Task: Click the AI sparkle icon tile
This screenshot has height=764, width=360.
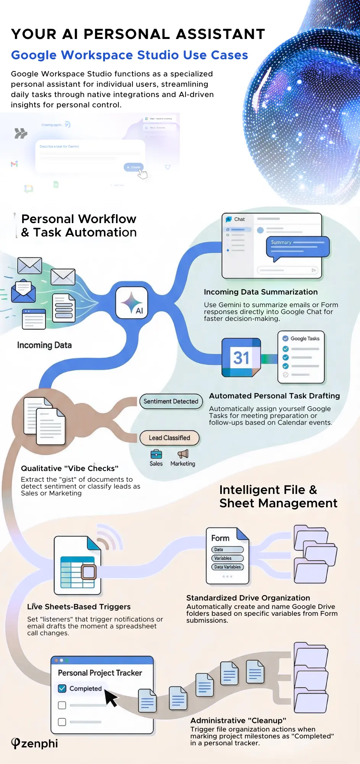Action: pos(132,303)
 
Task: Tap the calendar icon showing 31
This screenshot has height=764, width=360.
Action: pos(241,358)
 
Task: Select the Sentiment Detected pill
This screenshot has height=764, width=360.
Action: pos(171,401)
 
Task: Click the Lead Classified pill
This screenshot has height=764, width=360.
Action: pos(169,438)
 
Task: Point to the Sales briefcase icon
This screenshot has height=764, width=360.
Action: pos(156,454)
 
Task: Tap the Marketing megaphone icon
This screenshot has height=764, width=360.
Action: pos(183,454)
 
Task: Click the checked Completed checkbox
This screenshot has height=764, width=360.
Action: pos(62,688)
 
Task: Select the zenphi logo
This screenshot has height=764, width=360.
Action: pos(34,743)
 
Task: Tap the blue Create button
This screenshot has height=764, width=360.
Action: pos(134,167)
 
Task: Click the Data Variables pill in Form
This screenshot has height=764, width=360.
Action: pos(228,567)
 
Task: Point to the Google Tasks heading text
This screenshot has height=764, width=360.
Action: pos(305,338)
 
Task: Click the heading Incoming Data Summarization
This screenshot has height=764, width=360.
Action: pos(261,292)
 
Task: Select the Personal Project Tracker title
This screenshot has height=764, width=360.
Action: pos(100,673)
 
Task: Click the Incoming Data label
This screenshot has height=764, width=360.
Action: pos(44,345)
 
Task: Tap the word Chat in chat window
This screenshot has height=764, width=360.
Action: pos(239,219)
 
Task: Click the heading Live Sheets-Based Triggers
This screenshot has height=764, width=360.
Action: pos(79,607)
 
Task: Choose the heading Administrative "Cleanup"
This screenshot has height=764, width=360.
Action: pos(238,720)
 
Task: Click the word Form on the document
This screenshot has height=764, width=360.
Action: pos(220,538)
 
